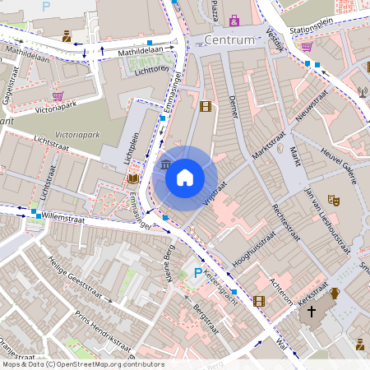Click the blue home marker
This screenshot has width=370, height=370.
185,177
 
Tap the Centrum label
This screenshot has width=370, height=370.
232,40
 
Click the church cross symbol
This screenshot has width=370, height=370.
311,312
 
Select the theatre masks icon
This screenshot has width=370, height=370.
333,200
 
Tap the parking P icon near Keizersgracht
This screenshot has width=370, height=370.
197,272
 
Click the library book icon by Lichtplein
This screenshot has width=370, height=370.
132,178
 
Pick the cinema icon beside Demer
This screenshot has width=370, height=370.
205,106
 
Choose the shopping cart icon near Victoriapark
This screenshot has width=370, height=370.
58,95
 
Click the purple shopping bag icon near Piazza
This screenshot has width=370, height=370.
234,20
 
